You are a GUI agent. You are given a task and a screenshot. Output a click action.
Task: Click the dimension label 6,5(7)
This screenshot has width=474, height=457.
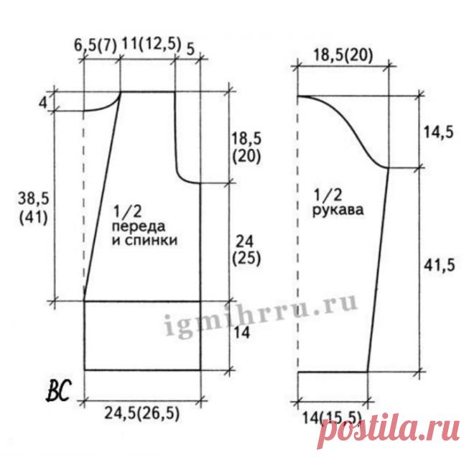pos(96,46)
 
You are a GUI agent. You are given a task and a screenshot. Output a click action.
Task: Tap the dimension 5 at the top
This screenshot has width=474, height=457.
pos(190,50)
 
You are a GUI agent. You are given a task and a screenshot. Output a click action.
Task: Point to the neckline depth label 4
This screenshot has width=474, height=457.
pos(43,103)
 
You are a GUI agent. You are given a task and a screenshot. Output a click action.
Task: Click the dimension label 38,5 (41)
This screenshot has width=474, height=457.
pos(33,209)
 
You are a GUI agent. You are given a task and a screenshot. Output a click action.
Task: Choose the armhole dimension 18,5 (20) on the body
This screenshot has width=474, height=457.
pos(246,148)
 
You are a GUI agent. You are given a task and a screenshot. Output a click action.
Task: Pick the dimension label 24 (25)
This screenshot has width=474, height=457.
pos(246,250)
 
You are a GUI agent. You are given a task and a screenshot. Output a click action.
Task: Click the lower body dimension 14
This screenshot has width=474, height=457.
pos(241,333)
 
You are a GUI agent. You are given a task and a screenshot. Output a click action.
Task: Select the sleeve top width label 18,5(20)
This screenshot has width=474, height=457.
pos(343,55)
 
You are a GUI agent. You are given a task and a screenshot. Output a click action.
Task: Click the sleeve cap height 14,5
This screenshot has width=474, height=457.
pos(438,132)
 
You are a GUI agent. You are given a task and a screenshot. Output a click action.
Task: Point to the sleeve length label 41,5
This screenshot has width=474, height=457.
pos(439,265)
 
